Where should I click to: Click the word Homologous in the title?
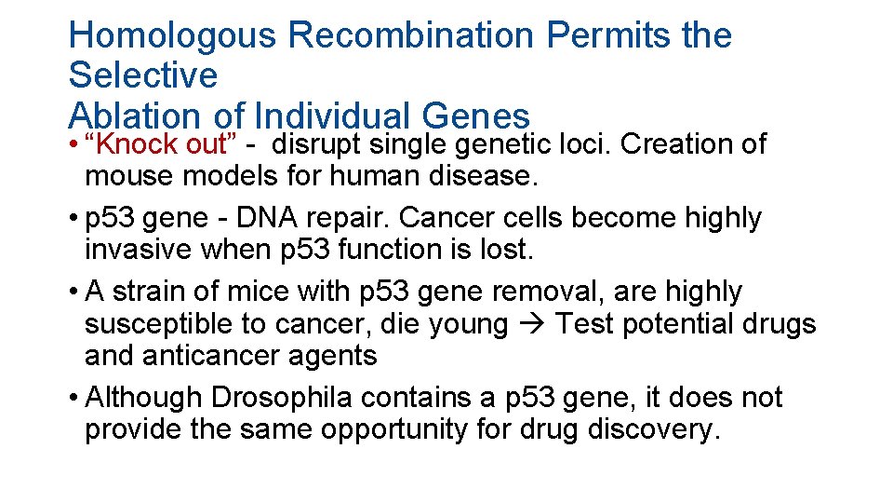(172, 35)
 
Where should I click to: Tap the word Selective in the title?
(142, 75)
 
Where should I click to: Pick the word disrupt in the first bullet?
(319, 144)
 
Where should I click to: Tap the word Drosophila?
(281, 398)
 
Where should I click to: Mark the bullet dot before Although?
(73, 398)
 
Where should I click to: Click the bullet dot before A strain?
(73, 292)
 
